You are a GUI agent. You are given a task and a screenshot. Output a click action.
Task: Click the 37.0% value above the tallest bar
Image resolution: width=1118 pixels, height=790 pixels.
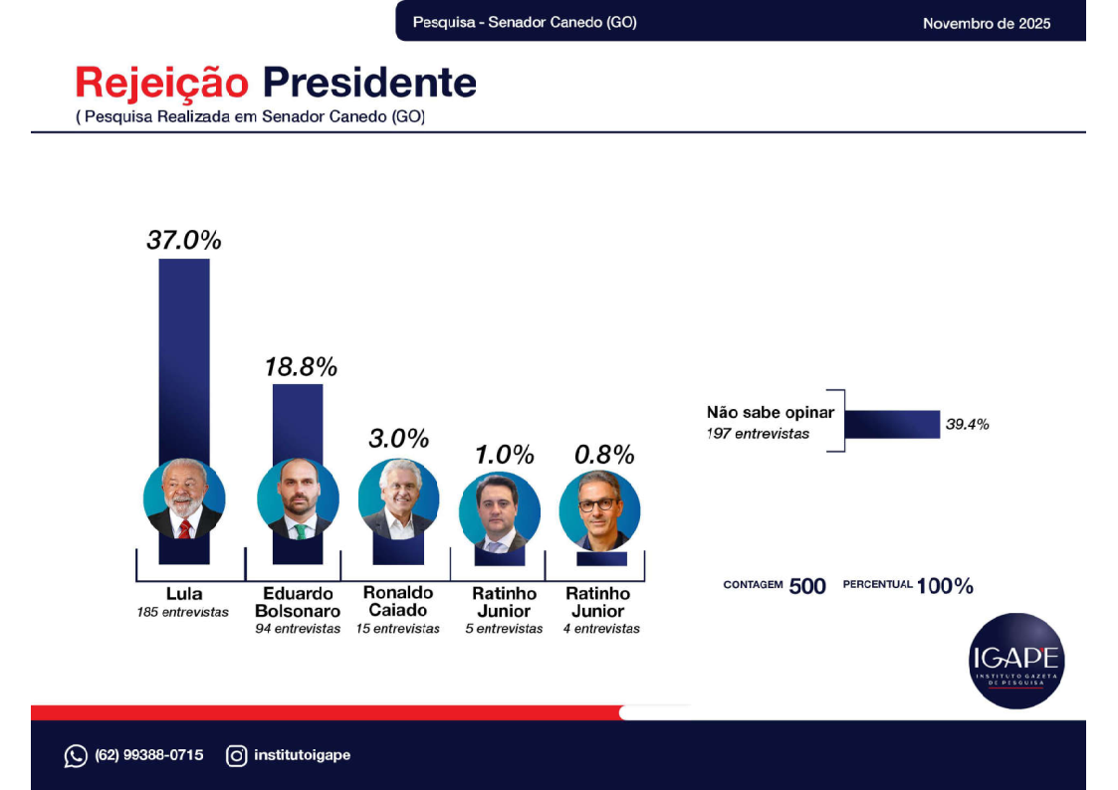click(184, 240)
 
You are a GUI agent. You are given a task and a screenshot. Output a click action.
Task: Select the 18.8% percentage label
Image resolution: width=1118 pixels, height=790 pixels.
click(301, 366)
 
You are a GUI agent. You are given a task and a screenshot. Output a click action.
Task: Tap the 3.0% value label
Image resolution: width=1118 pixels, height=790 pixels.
click(398, 438)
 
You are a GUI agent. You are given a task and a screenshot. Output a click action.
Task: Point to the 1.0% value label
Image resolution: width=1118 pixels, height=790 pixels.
click(504, 455)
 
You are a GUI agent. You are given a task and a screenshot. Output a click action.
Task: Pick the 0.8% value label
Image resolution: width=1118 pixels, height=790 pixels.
click(604, 455)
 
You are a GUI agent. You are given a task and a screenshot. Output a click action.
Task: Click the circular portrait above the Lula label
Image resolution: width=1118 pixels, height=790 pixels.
click(184, 498)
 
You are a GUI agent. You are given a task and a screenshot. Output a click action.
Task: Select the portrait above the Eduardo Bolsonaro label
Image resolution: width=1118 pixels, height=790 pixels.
click(298, 499)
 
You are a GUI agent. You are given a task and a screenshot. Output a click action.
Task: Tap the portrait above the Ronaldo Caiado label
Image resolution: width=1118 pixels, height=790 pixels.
click(398, 499)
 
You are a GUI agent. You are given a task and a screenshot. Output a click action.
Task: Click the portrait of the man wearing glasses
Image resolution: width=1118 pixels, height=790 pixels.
click(599, 509)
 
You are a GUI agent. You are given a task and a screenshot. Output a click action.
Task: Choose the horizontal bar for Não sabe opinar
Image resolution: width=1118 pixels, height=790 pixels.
click(892, 424)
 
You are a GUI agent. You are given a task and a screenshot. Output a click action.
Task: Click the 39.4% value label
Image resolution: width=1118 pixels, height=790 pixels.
click(968, 424)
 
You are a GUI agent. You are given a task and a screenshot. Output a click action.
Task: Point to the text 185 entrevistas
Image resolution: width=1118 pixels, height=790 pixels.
click(183, 612)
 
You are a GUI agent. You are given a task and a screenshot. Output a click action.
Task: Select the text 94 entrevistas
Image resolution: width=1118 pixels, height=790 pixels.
click(298, 629)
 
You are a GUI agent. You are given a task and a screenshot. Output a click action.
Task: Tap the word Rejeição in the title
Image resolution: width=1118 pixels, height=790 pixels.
click(163, 83)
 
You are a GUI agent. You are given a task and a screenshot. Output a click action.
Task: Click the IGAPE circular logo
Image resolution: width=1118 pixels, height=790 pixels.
click(1016, 660)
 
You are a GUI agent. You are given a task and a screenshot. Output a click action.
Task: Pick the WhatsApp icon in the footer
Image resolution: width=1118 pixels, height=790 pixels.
click(76, 756)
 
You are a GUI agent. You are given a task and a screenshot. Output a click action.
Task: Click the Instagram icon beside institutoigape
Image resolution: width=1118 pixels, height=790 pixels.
click(236, 756)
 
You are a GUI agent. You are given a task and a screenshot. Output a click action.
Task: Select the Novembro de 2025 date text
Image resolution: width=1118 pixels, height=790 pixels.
click(986, 23)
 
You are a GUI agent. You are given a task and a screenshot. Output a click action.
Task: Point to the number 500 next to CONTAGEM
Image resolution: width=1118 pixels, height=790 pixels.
click(807, 586)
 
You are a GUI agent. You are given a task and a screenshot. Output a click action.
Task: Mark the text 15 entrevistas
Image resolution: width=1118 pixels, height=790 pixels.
click(398, 629)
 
